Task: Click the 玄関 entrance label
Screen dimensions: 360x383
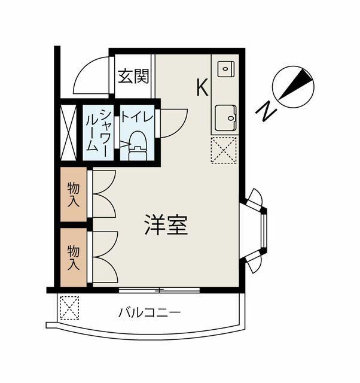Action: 133,76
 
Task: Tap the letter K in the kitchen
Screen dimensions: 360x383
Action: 202,87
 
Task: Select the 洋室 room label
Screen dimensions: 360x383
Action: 166,225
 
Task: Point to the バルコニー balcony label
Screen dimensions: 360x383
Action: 150,312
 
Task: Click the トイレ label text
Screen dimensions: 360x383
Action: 137,116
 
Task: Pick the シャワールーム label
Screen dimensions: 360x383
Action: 98,132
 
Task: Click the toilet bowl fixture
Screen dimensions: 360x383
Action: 138,146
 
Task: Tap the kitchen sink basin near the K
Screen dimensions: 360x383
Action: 226,69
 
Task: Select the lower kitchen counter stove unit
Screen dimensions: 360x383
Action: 226,118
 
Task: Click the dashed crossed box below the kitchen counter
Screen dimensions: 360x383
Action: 224,150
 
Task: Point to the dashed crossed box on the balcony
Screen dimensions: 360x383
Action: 69,308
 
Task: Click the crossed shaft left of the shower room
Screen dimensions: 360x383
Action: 69,132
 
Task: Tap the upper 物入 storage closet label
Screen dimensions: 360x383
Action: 74,194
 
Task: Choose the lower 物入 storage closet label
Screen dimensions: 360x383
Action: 74,258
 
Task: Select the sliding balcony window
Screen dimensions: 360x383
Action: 159,290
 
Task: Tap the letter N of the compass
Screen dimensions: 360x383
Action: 266,111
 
